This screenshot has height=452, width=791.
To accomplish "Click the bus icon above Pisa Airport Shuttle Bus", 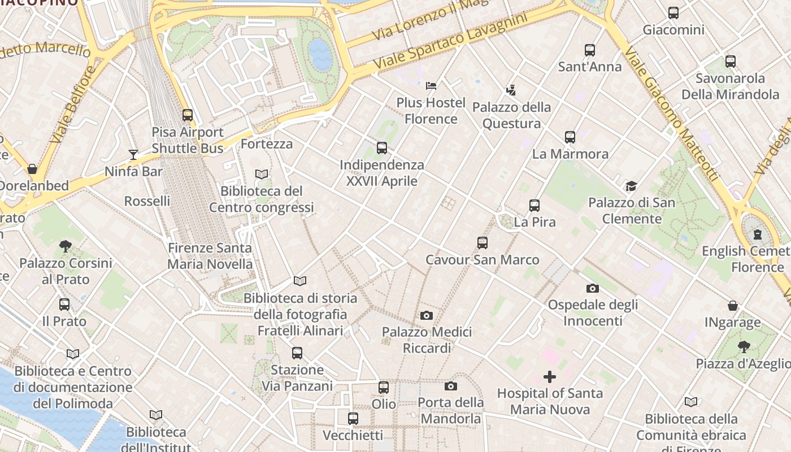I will (x=188, y=115).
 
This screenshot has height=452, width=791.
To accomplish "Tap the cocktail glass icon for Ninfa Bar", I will (x=133, y=155).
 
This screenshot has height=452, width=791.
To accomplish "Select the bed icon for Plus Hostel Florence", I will (x=431, y=86).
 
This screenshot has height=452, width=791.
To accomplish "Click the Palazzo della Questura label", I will (x=511, y=115).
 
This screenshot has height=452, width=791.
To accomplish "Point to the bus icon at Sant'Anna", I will (x=590, y=50).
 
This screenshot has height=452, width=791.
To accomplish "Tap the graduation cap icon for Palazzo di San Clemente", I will (x=631, y=186).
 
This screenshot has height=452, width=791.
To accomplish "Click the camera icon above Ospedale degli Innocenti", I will (x=593, y=288).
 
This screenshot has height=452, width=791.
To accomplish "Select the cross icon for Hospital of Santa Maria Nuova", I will (x=550, y=377).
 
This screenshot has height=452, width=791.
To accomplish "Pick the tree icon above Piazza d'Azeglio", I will (x=744, y=346).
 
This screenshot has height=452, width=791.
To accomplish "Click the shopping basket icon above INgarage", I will (x=733, y=306).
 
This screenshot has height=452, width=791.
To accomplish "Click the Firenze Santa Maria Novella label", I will (x=210, y=256).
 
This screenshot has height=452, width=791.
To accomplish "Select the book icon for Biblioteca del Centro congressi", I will (x=262, y=175).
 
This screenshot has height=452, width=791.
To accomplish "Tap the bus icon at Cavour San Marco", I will (x=483, y=243).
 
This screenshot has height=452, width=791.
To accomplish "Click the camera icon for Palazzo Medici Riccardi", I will (x=427, y=315).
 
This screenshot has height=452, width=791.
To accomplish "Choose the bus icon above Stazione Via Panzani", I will (x=297, y=353).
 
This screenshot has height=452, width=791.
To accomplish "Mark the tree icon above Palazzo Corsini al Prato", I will (x=66, y=246).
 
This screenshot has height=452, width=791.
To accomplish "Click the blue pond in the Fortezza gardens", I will (x=320, y=54).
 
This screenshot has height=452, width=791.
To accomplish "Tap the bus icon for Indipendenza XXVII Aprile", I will (x=382, y=148).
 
